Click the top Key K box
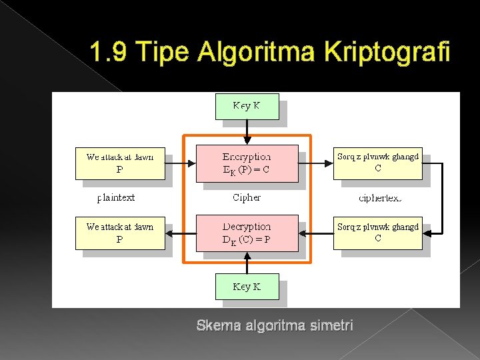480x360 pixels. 247,106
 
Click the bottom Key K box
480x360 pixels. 247,287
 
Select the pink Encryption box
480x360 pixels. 247,163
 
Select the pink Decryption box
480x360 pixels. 247,233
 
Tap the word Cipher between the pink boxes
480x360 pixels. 247,197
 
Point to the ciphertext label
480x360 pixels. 380,198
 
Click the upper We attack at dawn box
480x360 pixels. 120,163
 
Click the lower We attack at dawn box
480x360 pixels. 120,233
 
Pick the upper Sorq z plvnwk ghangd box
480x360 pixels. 378,163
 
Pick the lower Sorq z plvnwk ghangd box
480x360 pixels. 378,233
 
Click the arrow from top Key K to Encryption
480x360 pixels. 247,132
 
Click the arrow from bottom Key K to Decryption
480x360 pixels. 247,263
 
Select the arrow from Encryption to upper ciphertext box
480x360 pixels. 316,163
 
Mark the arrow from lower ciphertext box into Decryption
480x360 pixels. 316,233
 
